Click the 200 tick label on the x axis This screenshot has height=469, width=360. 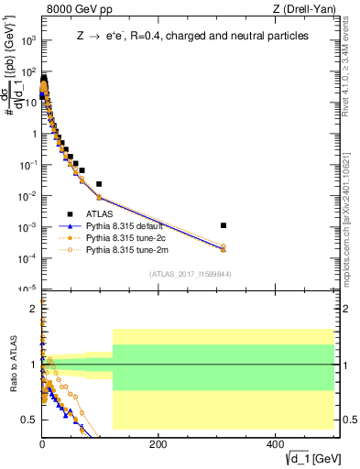(x=158, y=443)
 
